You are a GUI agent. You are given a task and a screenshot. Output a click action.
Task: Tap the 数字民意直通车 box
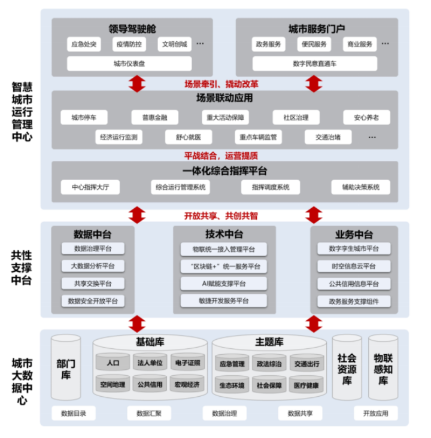tap(314, 63)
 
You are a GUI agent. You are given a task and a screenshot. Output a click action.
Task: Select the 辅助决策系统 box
tap(361, 187)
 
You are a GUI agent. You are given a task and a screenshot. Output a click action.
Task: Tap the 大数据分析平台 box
tap(93, 266)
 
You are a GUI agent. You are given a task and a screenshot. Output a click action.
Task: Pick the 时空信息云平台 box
tap(354, 266)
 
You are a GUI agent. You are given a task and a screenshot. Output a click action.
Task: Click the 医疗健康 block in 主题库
tap(306, 385)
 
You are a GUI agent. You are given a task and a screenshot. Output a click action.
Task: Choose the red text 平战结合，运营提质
tap(221, 156)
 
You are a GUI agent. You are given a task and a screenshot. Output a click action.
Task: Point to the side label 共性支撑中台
tap(22, 267)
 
